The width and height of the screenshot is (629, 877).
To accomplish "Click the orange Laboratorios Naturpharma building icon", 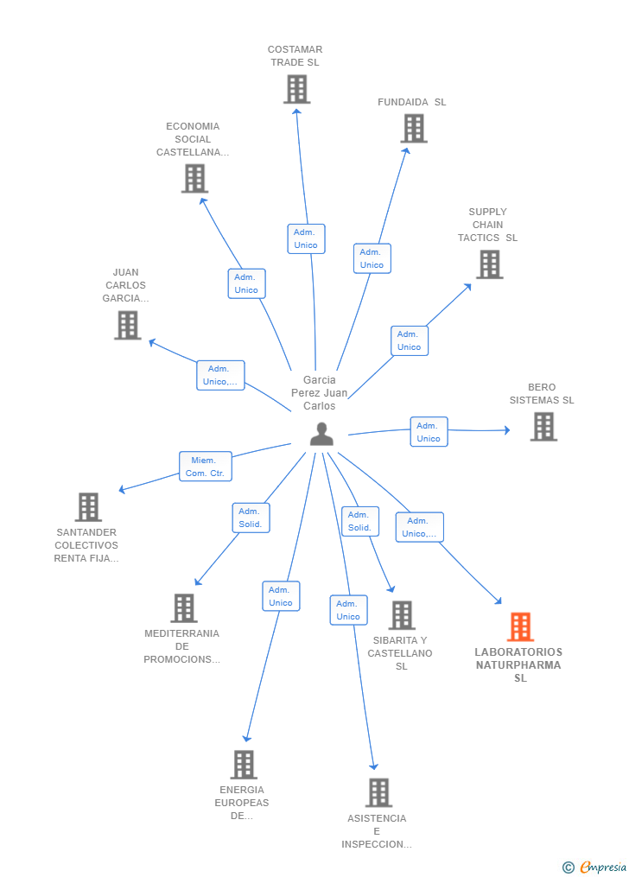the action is pos(520,626).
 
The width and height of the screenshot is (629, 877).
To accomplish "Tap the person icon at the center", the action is pos(321,434).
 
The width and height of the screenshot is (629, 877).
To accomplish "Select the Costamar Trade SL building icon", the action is pos(296,90).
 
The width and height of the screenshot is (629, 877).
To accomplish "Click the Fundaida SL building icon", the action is pos(414,129).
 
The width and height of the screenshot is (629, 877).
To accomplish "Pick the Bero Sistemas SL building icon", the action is pos(543,427).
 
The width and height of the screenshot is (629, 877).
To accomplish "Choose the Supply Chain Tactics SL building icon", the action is pos(490,264).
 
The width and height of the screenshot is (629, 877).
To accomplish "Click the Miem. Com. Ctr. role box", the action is pos(205,467).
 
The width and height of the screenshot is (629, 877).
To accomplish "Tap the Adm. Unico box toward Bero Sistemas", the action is pos(429,432).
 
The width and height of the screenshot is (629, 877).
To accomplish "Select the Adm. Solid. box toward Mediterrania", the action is pos(251,518).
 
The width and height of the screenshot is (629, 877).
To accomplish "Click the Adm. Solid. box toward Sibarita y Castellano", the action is pos(360,521).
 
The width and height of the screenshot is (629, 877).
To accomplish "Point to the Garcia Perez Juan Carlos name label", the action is pos(320,392).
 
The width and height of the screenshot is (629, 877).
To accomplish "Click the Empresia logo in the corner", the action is pos(594,867).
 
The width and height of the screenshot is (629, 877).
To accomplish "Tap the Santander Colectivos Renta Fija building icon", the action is pos(88,506).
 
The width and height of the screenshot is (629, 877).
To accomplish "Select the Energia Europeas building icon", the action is pos(244,765).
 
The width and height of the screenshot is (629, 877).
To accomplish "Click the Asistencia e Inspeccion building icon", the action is pos(378,792).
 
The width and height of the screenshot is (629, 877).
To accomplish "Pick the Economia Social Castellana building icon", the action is pos(194,178).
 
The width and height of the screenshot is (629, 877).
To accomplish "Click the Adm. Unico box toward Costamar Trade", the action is pos(306,238).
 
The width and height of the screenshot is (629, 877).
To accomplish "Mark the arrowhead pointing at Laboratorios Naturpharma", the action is pos(498,601).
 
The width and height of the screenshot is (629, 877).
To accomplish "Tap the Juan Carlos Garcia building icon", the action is pos(128,325).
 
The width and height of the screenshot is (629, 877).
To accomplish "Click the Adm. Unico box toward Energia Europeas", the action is pos(281,596).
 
